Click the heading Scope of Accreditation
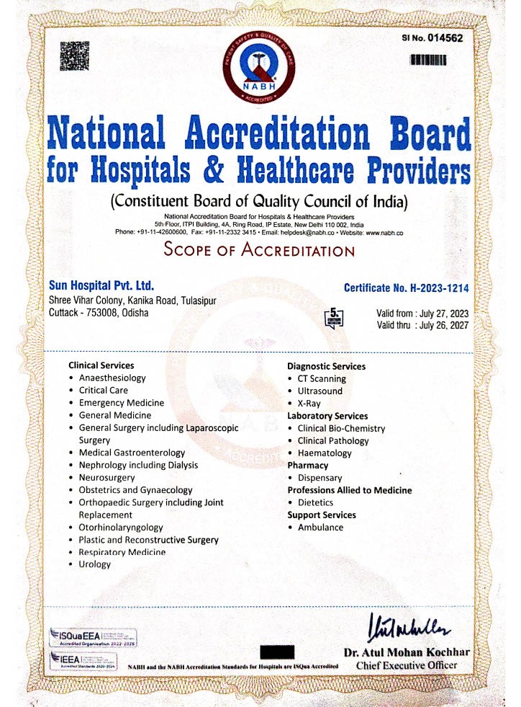[259, 251]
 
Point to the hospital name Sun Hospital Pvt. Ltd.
[101, 286]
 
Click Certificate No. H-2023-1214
[406, 288]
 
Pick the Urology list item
[95, 564]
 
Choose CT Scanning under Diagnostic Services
[322, 378]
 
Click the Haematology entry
[325, 453]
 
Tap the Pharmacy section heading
[307, 466]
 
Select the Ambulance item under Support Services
[320, 528]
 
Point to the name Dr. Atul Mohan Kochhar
[407, 652]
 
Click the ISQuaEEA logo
[92, 637]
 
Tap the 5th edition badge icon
[335, 317]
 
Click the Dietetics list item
[315, 502]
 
